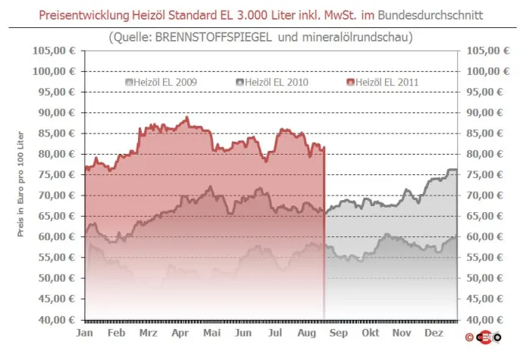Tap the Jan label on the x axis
[85, 333]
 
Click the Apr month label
[180, 333]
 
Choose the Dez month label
[434, 333]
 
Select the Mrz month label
[149, 333]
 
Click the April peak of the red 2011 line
[186, 117]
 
